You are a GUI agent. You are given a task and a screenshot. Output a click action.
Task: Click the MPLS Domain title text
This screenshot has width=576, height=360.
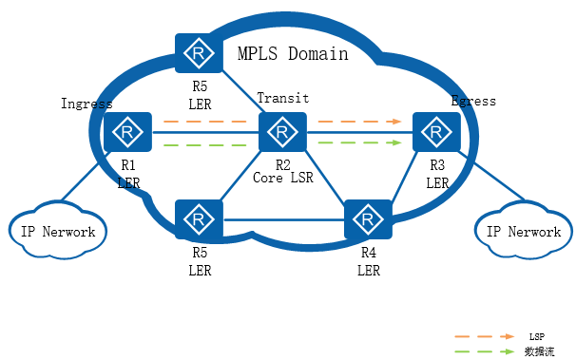click(293, 54)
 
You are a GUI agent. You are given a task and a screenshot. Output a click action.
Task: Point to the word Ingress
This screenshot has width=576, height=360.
click(86, 103)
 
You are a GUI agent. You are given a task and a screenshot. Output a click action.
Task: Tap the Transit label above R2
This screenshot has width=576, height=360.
click(283, 99)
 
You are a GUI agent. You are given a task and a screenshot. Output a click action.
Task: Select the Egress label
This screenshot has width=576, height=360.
click(473, 101)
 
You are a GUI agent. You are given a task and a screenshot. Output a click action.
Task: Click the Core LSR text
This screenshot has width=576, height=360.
click(281, 177)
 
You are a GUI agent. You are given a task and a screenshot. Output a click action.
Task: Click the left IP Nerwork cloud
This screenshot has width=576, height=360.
click(58, 232)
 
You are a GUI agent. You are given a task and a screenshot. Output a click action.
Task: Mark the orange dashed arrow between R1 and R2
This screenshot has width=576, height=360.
click(205, 122)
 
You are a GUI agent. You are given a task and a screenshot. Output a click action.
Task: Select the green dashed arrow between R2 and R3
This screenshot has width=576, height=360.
click(357, 142)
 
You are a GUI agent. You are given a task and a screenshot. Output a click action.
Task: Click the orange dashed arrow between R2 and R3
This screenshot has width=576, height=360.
click(357, 122)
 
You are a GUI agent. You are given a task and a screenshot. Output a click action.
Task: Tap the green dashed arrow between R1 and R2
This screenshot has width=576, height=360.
click(205, 144)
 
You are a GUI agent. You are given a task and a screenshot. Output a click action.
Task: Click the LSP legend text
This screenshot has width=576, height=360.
click(536, 336)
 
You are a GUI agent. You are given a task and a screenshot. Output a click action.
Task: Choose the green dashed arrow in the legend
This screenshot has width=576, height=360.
click(485, 351)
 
